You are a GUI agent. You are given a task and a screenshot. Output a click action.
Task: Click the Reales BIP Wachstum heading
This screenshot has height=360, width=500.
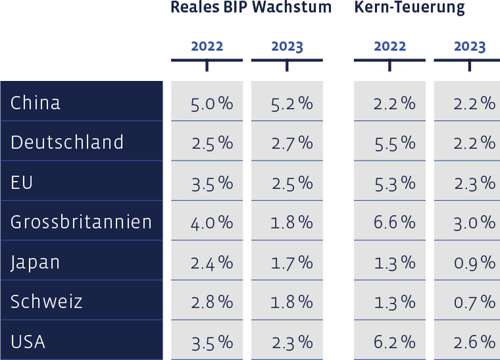pos(251,8)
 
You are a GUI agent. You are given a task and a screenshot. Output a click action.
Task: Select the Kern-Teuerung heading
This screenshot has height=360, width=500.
pos(409,8)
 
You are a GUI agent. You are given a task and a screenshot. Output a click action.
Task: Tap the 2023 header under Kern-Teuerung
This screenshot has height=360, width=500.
pos(469,47)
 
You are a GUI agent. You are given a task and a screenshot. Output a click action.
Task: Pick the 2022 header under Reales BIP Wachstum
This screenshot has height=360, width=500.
pos(207,47)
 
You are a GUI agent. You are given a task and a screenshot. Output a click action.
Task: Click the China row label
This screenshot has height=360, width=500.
pos(36,103)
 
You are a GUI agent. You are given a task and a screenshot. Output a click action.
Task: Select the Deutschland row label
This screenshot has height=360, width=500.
pos(67,142)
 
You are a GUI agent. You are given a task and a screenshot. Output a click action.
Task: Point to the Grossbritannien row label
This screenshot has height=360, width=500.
pos(82,222)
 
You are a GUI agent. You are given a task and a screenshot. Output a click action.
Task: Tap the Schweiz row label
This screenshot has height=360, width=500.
pos(47,301)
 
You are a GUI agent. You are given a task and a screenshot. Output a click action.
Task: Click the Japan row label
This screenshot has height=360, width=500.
pos(36,262)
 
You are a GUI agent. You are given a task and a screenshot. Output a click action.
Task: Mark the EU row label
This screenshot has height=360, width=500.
pos(22,182)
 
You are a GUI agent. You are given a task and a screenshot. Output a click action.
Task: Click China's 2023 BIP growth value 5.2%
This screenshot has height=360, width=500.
pos(291,103)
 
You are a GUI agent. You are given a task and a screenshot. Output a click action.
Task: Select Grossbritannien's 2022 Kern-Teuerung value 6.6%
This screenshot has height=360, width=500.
pos(394,222)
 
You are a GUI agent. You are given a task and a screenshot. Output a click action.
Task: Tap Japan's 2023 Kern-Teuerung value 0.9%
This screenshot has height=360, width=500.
pos(474,263)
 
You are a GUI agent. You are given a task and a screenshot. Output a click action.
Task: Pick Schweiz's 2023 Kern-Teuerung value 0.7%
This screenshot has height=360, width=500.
pos(474,302)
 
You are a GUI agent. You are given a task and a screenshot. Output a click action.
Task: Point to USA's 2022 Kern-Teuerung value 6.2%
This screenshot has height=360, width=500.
pos(394,342)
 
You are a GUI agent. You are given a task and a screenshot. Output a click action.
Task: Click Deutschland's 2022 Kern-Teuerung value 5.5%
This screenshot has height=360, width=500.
pos(394,143)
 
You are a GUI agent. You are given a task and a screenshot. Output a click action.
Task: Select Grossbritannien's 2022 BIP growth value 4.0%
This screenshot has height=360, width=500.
pos(212,222)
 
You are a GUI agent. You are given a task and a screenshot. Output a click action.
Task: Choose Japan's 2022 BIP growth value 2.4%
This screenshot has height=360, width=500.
pos(212,263)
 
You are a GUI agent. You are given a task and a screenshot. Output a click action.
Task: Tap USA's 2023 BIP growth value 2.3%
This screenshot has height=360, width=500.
pos(291,342)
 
